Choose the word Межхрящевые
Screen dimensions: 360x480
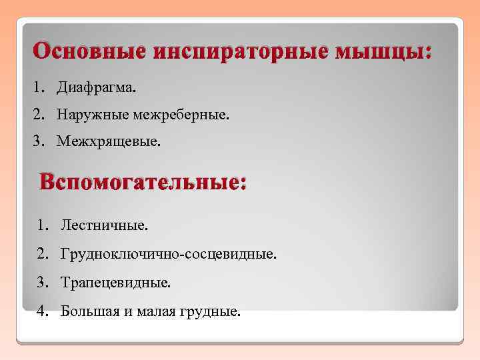(109, 142)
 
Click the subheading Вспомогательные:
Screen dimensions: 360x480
(143, 182)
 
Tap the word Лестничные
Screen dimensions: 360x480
(104, 225)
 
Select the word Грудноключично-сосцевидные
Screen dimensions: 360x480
(167, 255)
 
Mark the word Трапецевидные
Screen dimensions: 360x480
(115, 283)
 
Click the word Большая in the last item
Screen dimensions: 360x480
(86, 311)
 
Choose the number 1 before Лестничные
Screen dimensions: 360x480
(42, 225)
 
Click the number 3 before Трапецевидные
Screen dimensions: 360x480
(42, 283)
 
